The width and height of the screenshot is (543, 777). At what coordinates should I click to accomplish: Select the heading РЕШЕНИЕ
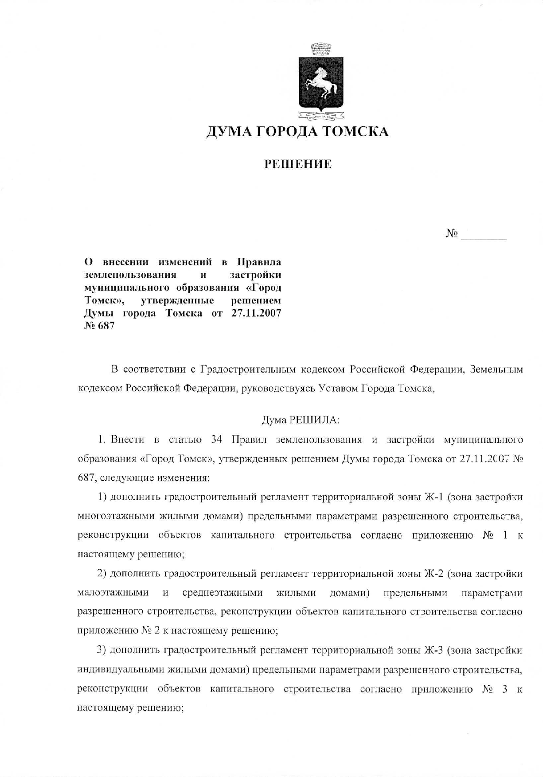(x=298, y=165)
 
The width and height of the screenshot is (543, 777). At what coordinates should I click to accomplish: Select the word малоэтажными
(x=113, y=593)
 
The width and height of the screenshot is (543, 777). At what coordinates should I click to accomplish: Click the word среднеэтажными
(x=223, y=593)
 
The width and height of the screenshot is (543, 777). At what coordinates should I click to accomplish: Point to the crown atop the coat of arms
(x=321, y=48)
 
